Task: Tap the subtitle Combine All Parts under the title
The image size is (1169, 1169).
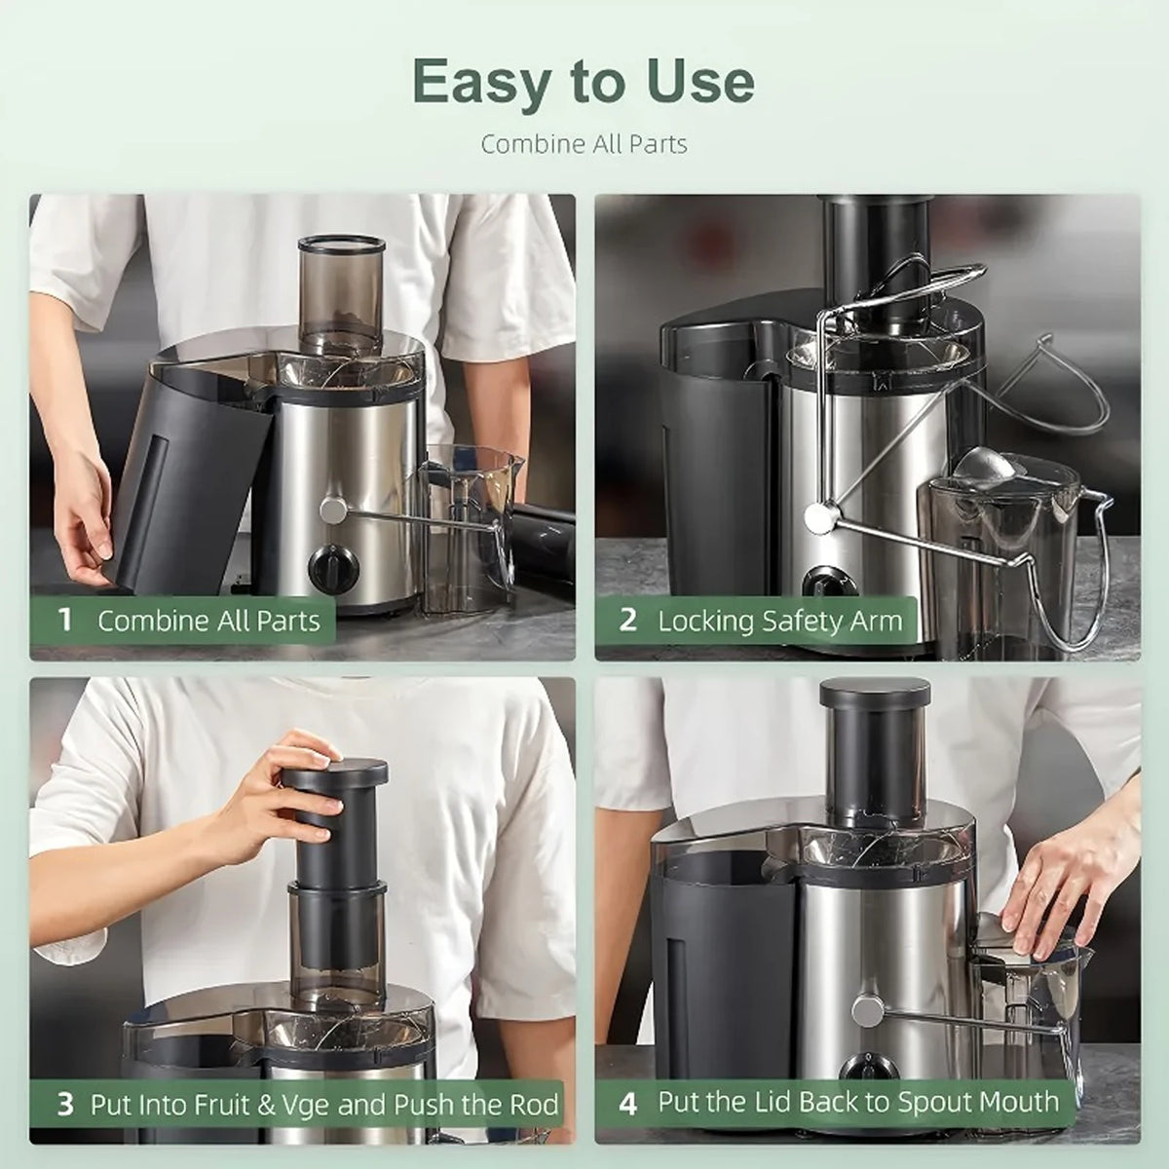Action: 584,145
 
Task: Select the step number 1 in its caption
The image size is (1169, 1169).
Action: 65,620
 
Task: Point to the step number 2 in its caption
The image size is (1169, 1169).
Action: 628,620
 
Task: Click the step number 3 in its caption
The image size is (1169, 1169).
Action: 65,1104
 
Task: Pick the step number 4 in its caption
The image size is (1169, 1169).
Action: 628,1104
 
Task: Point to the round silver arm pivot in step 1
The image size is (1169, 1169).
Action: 332,509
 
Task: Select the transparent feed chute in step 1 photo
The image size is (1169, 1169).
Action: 341,295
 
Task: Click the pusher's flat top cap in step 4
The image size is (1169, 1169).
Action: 875,693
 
